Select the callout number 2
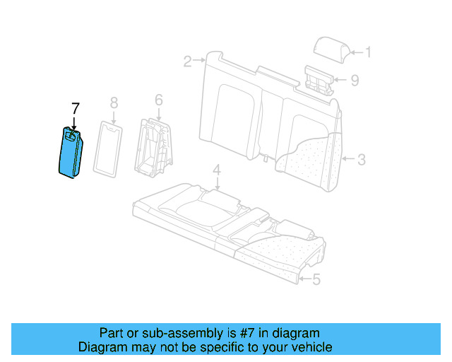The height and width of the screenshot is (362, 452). click(x=188, y=62)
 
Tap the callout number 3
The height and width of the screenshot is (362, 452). click(x=361, y=160)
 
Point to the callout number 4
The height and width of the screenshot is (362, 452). click(x=217, y=170)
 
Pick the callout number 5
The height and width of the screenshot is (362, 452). click(x=316, y=280)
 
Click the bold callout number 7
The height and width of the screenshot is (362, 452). click(x=76, y=108)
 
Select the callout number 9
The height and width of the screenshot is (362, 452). click(x=355, y=80)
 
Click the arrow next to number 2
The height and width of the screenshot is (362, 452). click(x=199, y=62)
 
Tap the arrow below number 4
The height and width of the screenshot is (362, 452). click(x=218, y=183)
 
